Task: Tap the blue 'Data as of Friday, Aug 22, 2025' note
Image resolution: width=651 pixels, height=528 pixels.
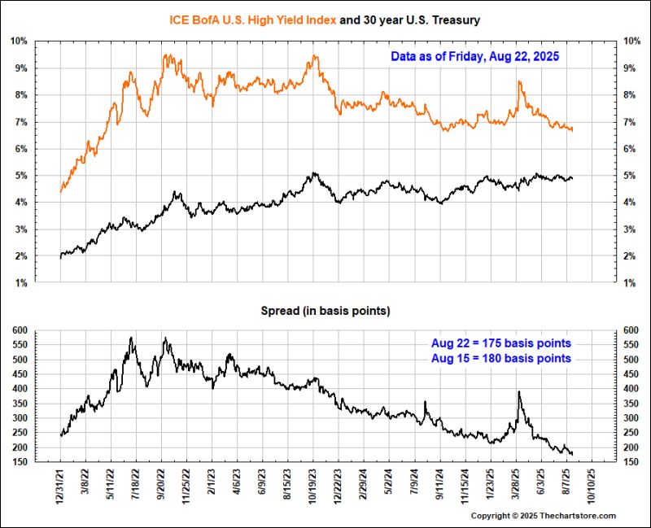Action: [474, 58]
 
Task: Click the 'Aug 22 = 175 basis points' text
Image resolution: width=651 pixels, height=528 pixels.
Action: [500, 343]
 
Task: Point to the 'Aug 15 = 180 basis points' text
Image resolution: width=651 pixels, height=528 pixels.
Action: [500, 358]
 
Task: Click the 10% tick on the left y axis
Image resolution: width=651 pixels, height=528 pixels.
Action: [20, 41]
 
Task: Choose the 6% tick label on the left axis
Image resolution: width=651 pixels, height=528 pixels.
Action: [22, 149]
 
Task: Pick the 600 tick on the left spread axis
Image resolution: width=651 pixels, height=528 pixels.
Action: [20, 329]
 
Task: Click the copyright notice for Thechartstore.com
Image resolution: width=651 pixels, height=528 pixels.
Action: [544, 516]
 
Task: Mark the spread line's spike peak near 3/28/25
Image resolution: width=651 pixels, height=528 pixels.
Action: [519, 391]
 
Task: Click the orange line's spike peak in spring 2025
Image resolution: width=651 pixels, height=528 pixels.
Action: [519, 82]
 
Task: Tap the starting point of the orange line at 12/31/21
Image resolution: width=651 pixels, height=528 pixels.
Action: [61, 192]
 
